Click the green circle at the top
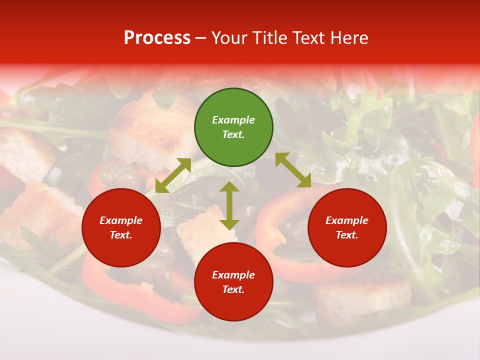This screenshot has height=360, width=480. coord(233,127)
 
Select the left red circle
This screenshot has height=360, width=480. coord(121,228)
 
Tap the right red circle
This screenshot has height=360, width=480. coord(347,228)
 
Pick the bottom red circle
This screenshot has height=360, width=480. coord(233,282)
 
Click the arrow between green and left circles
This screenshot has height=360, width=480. coord(173,175)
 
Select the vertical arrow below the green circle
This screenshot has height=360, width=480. coord(229,205)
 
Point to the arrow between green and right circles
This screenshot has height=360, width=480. coord(293,170)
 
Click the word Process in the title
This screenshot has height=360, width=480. coord(157,37)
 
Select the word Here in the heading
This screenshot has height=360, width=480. coord(350,38)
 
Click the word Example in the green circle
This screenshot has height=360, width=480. coord(233,120)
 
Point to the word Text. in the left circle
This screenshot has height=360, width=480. coord(121,235)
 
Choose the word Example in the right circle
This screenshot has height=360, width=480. coord(347,220)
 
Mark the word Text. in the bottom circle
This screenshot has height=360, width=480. coord(233,289)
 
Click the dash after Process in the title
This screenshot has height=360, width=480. coord(201,38)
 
